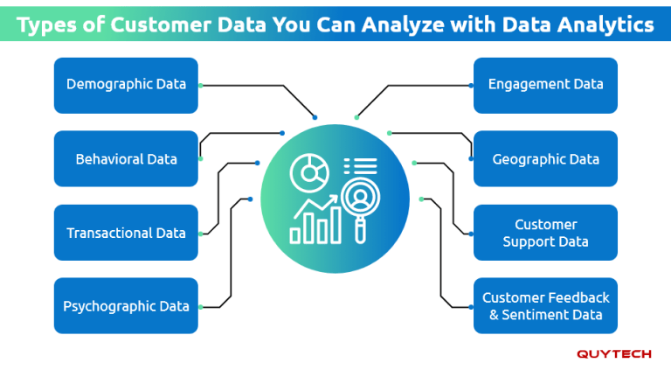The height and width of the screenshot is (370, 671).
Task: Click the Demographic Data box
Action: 126,85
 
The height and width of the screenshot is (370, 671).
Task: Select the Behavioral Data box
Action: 126,159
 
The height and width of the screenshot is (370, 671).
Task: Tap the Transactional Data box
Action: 126,233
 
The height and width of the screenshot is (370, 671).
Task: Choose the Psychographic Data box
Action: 126,306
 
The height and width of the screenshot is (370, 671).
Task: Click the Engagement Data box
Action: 545,85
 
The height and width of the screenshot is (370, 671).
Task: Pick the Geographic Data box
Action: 545,159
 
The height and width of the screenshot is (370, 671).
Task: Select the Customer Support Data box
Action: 545,233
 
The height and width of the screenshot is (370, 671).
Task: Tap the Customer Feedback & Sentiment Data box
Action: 545,306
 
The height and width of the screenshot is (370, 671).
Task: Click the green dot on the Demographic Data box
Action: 200,86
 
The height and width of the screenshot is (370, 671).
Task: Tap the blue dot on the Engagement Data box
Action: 471,86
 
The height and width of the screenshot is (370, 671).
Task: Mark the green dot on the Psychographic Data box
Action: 200,307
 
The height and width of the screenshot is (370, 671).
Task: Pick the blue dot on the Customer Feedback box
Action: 471,307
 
